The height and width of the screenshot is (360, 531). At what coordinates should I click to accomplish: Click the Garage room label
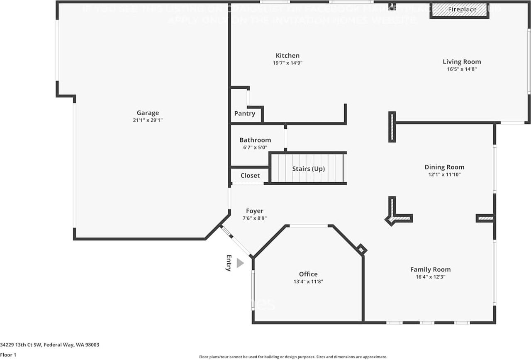(148, 113)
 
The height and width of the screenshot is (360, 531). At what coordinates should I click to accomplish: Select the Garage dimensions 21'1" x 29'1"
(148, 120)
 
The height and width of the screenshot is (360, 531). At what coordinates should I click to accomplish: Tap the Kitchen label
(287, 56)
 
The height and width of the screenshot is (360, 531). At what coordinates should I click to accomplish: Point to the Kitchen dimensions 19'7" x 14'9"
(287, 63)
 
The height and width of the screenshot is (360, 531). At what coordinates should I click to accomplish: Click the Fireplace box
(459, 10)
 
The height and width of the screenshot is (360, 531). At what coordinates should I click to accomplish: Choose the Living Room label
(462, 62)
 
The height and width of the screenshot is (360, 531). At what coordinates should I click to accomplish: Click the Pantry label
(245, 114)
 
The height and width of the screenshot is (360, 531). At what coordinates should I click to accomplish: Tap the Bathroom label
(255, 140)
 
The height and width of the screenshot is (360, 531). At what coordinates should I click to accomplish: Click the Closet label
(250, 176)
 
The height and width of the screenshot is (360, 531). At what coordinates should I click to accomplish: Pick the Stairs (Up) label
(308, 169)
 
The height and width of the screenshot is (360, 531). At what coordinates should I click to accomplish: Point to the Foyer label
(255, 211)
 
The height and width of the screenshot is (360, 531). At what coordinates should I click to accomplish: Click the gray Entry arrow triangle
(240, 263)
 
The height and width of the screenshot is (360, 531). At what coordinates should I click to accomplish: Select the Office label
(308, 274)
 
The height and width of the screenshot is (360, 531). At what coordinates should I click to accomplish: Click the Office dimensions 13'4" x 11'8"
(308, 282)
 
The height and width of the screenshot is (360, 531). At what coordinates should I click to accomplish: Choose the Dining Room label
(444, 167)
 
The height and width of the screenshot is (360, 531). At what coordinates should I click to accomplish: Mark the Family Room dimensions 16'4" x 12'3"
(430, 277)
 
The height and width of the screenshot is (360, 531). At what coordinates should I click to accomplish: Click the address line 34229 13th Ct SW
(50, 345)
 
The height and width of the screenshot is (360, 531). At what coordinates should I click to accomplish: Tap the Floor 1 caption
(8, 355)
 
